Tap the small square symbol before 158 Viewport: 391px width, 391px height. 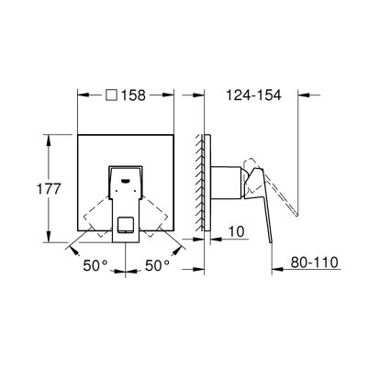pos(112,95)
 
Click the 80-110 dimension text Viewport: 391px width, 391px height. pos(313,263)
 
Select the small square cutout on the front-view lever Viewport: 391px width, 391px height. pos(125,223)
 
